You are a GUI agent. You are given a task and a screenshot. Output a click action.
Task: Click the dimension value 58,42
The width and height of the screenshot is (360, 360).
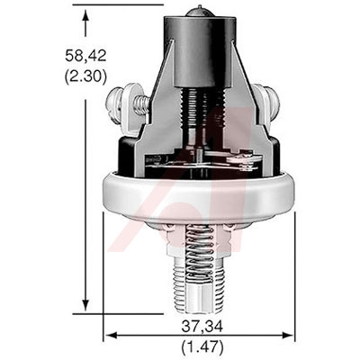(85, 56)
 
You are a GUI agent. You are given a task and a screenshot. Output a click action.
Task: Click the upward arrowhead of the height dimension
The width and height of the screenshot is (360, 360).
(86, 15)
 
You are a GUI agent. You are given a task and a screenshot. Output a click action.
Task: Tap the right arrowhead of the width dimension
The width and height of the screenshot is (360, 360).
(286, 335)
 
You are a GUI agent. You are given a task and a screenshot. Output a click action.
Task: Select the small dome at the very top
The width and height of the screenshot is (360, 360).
(198, 12)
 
